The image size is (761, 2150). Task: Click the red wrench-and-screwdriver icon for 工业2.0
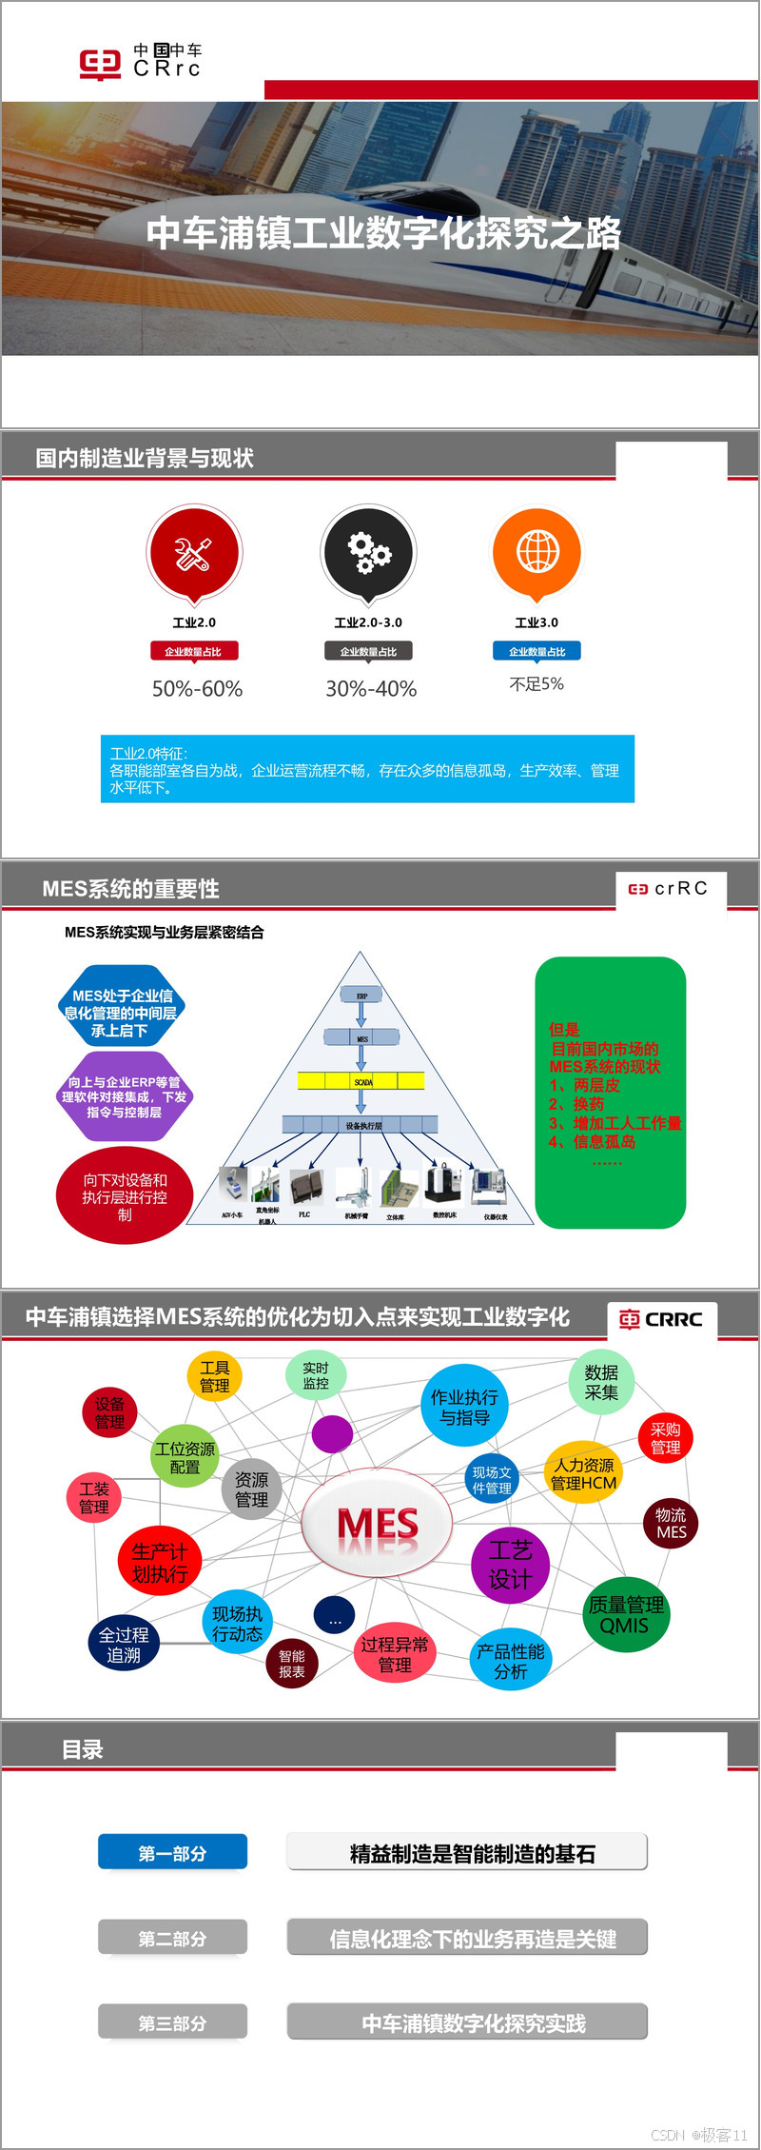pos(194,552)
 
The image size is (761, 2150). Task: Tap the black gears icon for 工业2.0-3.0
pos(368,552)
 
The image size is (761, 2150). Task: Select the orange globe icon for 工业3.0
pos(537,551)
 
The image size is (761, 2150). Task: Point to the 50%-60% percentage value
pos(197,688)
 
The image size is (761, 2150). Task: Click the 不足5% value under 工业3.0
pos(537,684)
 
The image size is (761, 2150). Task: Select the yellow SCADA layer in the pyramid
pos(361,1080)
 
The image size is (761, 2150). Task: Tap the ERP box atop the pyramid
pos(361,996)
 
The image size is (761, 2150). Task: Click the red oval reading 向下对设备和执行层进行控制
pos(125,1196)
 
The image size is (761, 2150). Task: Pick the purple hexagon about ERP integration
pos(124,1096)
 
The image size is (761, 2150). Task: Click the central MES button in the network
pos(377,1524)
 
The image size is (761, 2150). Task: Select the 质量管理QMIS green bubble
pos(625,1615)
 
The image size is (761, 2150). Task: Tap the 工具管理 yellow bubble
pos(214,1376)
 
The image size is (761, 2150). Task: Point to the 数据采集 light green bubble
pos(601,1382)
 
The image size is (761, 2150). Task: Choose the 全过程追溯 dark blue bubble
pos(124,1644)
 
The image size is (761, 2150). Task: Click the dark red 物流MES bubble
pos(671,1523)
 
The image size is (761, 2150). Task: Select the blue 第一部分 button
pos(172,1852)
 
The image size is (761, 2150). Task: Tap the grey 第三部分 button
pos(172,2022)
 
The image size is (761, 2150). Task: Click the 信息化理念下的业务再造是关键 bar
pos(467,1938)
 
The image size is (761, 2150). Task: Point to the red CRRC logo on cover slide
pos(100,64)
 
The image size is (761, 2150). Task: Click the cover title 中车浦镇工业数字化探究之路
pos(383,233)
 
